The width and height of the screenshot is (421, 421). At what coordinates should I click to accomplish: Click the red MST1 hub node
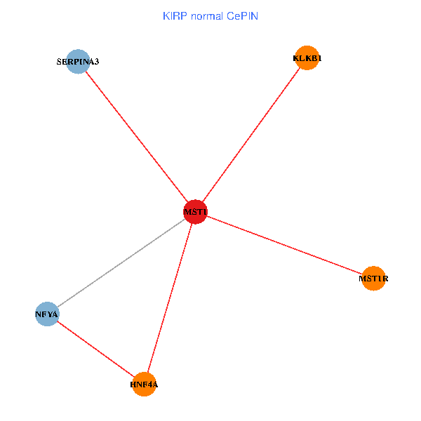[194, 212]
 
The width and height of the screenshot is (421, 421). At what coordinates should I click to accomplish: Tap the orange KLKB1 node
[307, 58]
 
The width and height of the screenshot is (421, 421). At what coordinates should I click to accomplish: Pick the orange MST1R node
[374, 279]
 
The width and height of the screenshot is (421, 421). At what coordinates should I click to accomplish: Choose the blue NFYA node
[47, 314]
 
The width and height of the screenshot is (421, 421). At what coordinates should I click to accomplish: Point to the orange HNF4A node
[145, 384]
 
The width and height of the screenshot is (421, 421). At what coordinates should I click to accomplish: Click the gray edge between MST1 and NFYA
[121, 263]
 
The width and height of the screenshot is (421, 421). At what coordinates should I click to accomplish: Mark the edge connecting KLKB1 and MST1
[251, 135]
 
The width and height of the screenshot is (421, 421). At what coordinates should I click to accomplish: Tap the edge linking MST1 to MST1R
[284, 246]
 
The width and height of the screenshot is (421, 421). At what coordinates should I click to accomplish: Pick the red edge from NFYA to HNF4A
[95, 349]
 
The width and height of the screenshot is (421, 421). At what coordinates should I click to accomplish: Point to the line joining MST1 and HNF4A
[170, 298]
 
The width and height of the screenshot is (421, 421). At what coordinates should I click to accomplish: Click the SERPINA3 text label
[78, 62]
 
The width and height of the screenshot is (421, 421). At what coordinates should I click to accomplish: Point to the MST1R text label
[373, 279]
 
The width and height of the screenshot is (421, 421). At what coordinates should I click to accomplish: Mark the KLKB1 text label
[307, 59]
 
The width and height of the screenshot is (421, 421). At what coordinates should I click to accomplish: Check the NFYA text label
[46, 314]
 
